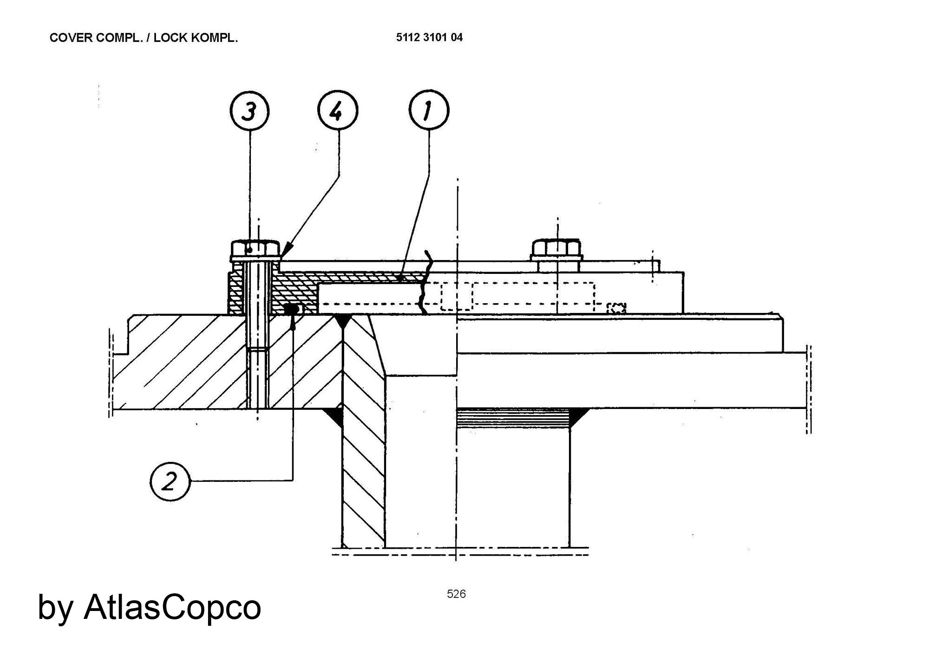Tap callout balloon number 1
[429, 110]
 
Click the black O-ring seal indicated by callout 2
[291, 308]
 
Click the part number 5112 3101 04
[429, 38]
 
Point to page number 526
[456, 594]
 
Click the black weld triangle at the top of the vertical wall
[342, 320]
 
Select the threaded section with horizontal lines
[513, 418]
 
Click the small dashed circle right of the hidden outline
[616, 308]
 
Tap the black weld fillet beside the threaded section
[577, 416]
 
